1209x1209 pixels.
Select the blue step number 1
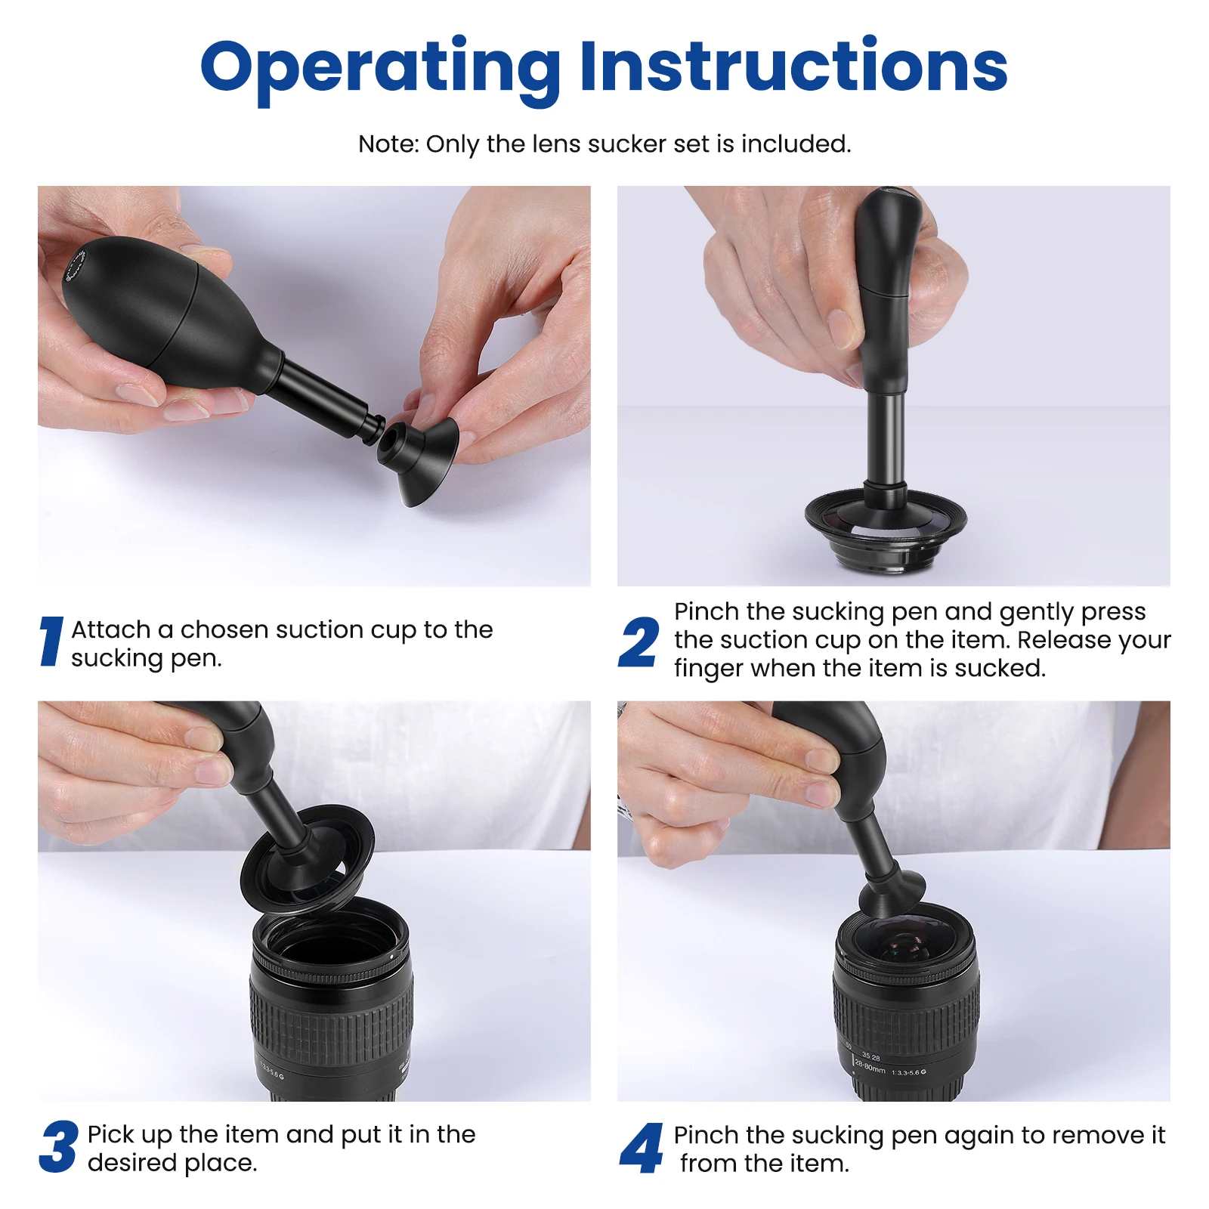pyautogui.click(x=51, y=642)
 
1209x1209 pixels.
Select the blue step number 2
pyautogui.click(x=639, y=642)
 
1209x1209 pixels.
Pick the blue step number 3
pyautogui.click(x=58, y=1146)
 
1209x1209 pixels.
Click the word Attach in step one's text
pyautogui.click(x=110, y=629)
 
